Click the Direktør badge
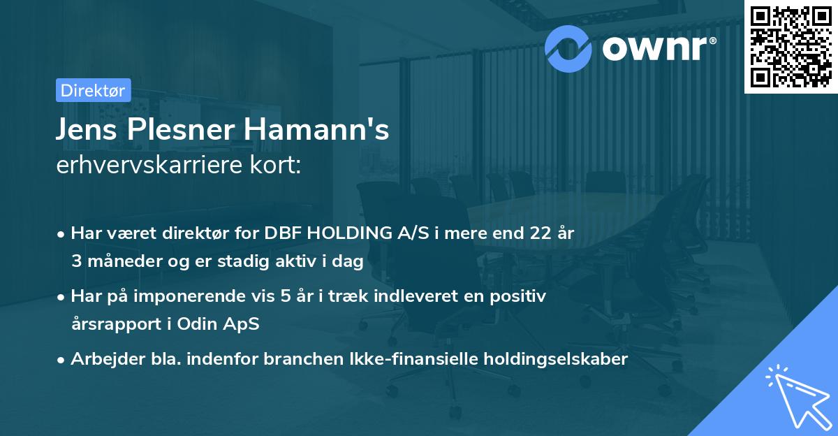[92, 91]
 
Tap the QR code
[791, 47]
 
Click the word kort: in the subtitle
[278, 167]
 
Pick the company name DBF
[283, 234]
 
